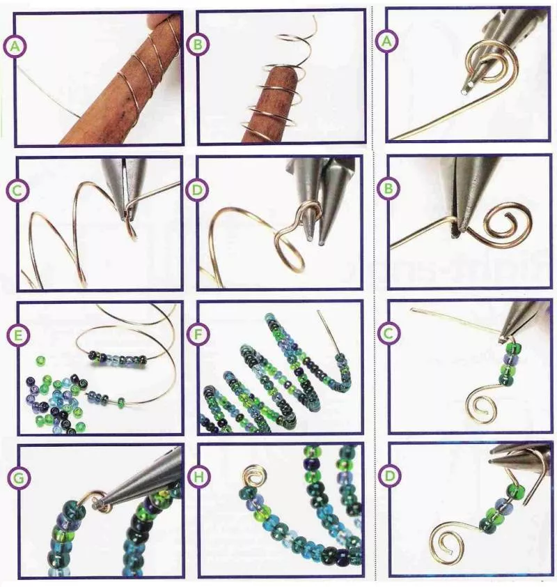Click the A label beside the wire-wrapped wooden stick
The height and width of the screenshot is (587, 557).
pyautogui.click(x=15, y=47)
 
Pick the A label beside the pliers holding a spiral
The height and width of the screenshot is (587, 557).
pyautogui.click(x=387, y=42)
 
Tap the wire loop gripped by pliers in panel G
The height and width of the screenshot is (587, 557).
pyautogui.click(x=98, y=501)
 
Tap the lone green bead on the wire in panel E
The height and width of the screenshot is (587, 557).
pyautogui.click(x=121, y=403)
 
